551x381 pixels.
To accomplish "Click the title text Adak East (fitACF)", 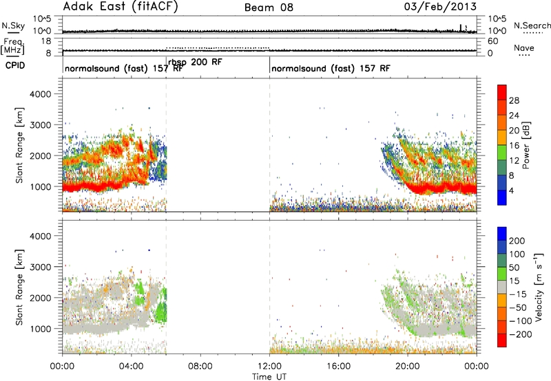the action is (120, 6).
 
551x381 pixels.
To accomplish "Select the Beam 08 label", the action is (269, 8).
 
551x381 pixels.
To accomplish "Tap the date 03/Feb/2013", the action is (440, 6).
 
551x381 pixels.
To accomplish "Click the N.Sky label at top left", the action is (13, 25).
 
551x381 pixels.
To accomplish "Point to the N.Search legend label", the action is (532, 25).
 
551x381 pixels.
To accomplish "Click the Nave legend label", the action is (524, 47).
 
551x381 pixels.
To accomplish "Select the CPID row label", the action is (15, 65).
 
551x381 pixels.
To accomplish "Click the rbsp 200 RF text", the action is (195, 63).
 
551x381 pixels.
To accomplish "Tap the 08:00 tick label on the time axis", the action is (200, 367).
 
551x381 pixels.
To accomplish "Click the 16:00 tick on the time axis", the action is (338, 367).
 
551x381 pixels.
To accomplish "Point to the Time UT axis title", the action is (269, 376).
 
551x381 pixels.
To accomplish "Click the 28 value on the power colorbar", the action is (514, 100).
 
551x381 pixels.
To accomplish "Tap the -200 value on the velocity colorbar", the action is (520, 334).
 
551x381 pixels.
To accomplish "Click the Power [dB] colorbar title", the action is (526, 145).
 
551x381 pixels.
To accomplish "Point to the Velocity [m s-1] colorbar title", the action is (539, 287).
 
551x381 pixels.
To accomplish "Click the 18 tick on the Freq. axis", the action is (46, 41).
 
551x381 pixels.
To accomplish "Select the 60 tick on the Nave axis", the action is (492, 41).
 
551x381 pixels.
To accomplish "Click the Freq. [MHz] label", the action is (13, 46).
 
